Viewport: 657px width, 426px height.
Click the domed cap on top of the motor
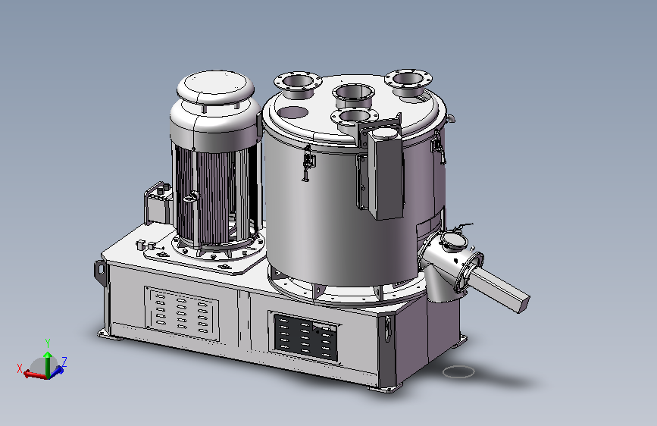[215, 87]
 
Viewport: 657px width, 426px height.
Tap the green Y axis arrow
[48, 364]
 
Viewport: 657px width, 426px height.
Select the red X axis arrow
[35, 374]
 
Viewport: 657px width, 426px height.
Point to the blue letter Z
[64, 362]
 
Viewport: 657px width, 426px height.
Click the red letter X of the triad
[19, 368]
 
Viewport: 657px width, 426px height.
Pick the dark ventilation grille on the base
[305, 338]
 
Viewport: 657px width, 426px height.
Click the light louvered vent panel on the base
[182, 313]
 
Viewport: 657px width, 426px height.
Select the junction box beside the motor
[158, 204]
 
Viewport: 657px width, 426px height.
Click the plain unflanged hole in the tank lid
[293, 112]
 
